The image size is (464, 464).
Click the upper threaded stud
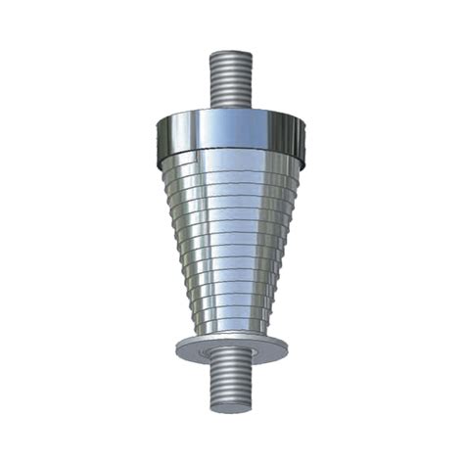point(232,78)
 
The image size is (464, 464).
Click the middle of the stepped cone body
point(232,245)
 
